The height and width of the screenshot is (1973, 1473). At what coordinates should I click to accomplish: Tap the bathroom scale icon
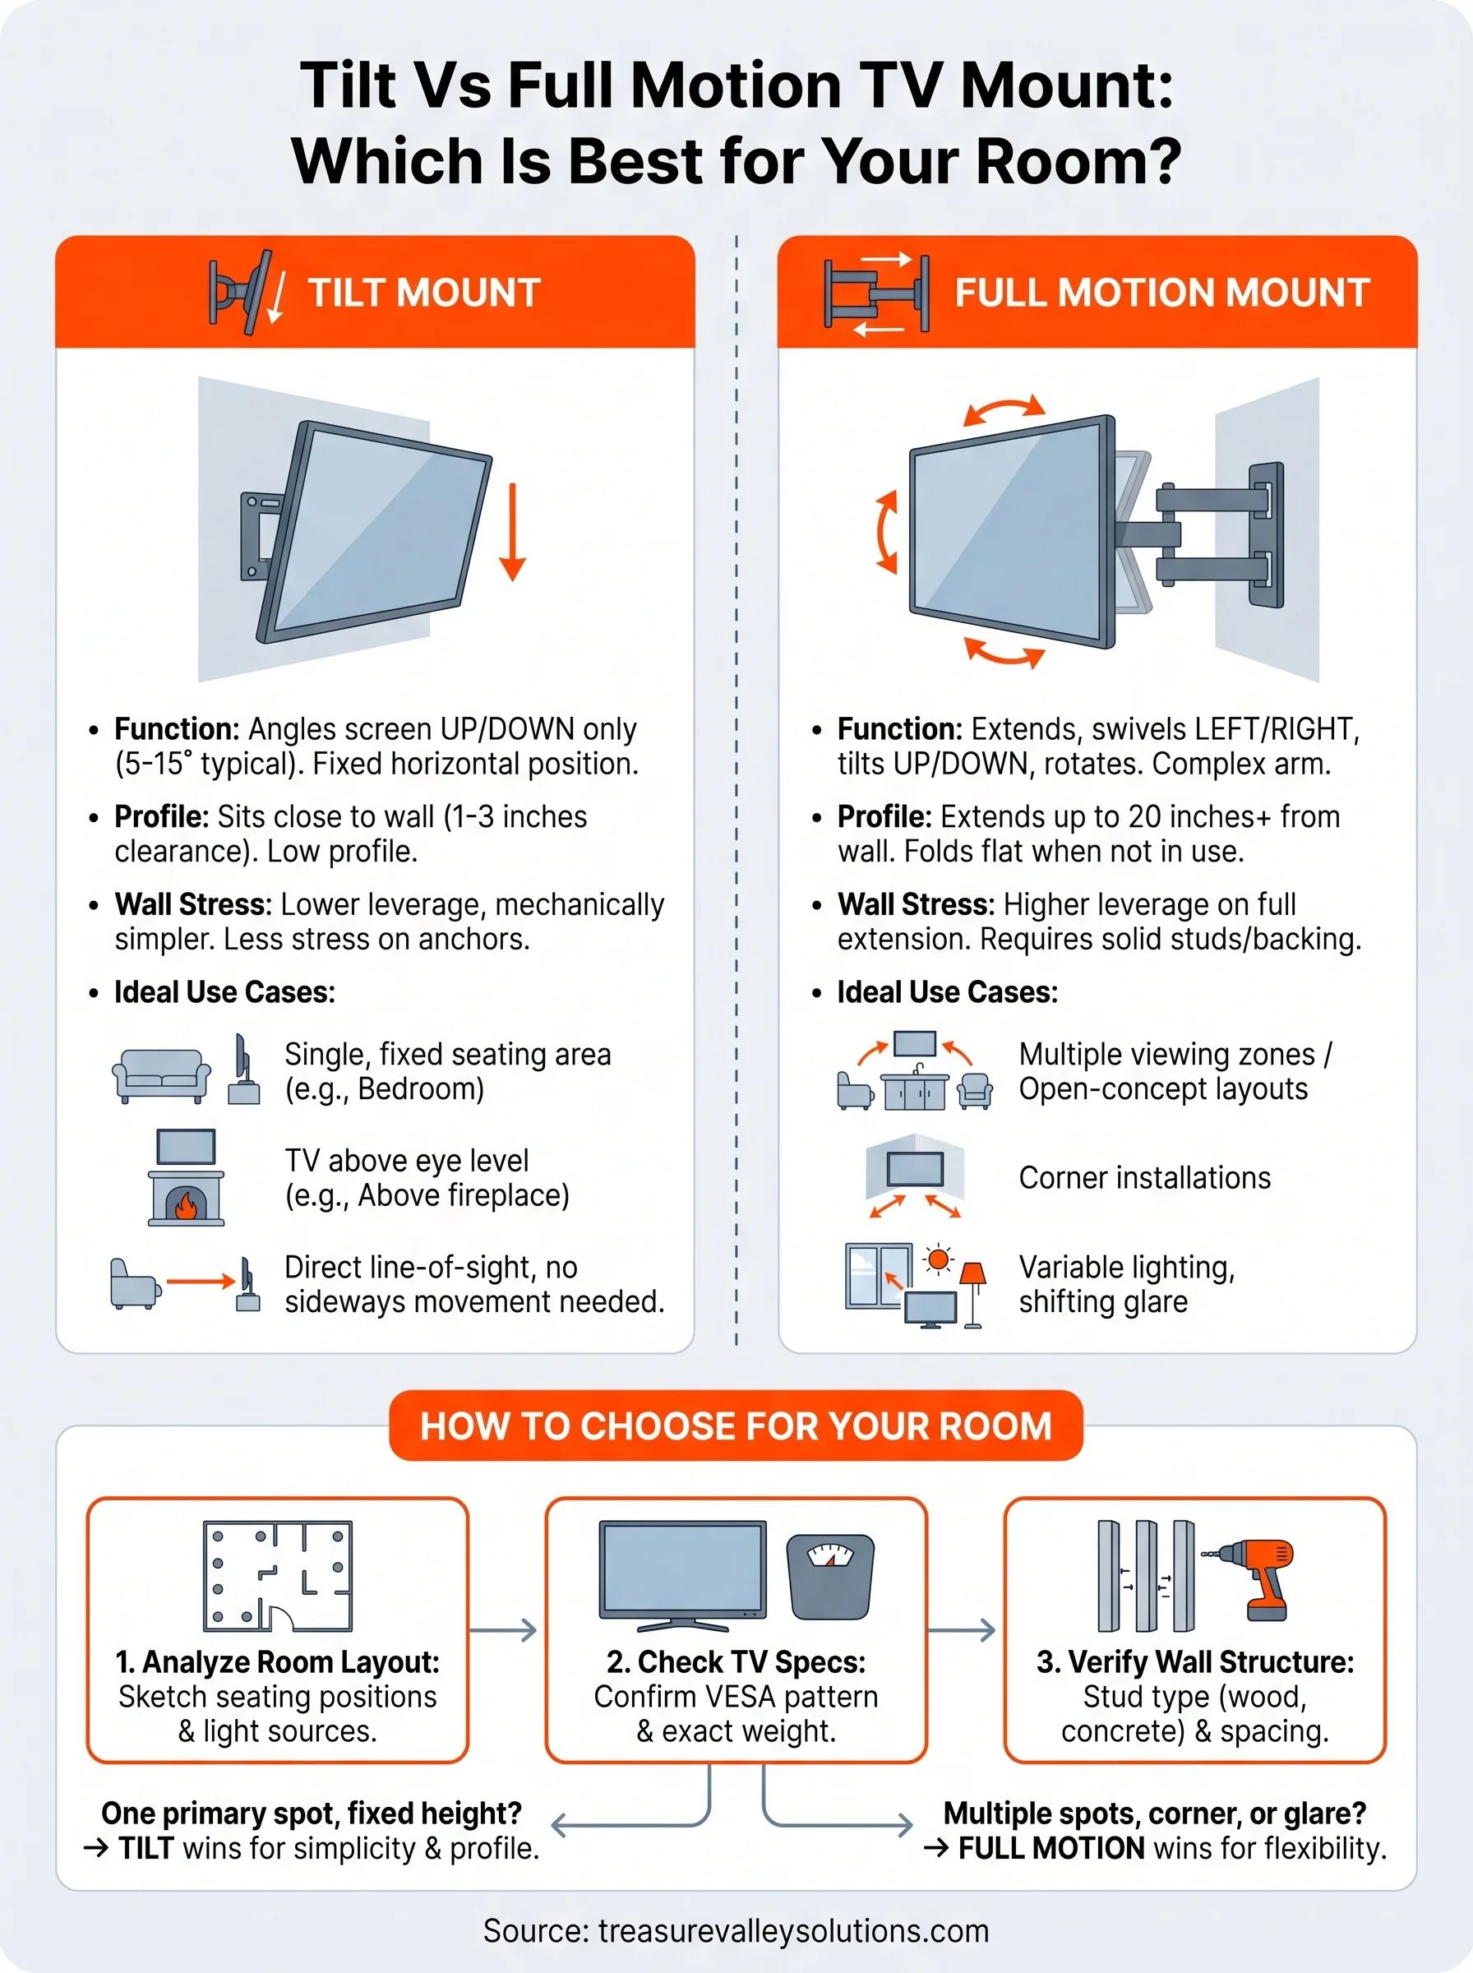tap(829, 1576)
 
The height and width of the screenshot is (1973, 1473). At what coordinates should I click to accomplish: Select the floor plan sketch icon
tap(277, 1575)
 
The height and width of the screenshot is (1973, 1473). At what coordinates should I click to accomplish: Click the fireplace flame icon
tap(187, 1205)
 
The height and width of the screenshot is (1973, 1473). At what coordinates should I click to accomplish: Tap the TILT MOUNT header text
tap(423, 293)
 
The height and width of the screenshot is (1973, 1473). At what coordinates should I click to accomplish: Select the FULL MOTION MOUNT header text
tap(1161, 293)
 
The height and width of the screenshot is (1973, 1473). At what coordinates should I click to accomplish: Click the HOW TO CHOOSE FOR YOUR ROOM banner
tap(736, 1425)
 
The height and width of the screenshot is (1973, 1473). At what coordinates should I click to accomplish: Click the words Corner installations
tap(1144, 1178)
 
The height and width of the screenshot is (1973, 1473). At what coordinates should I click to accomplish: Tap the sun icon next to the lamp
tap(937, 1259)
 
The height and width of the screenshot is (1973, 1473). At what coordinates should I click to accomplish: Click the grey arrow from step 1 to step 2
tap(504, 1629)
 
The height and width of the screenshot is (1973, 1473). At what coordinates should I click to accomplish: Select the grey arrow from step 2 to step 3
tap(962, 1629)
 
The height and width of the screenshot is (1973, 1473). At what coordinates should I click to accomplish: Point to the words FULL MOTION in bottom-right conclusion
tap(1050, 1848)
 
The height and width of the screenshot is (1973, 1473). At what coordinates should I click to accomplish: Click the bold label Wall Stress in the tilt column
tap(192, 904)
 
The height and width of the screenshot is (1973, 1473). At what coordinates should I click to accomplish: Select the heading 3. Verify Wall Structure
tap(1195, 1662)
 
